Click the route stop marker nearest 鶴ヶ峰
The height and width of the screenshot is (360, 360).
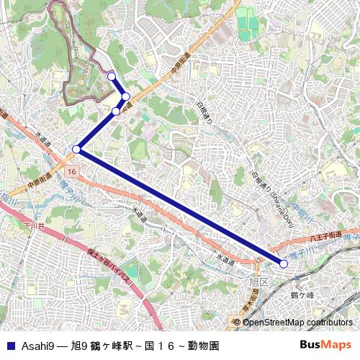[284, 264]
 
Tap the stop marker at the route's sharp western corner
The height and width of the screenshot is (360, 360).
[76, 149]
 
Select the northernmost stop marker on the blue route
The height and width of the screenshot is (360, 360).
[111, 76]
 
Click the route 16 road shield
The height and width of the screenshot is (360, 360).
[72, 172]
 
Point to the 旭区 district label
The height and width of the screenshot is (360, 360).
[258, 282]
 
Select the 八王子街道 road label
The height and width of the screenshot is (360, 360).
[324, 235]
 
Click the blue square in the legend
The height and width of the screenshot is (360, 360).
[9, 345]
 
